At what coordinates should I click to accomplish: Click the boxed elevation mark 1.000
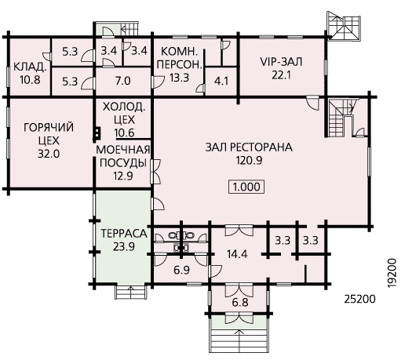[246, 187]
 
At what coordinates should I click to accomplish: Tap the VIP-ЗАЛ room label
[281, 62]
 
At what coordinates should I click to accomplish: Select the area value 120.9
[249, 160]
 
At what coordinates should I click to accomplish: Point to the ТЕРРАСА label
[124, 234]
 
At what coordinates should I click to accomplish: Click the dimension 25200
[359, 299]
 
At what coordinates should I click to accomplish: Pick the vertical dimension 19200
[392, 273]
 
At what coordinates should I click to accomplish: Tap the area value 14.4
[237, 254]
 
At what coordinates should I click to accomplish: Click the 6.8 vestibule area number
[240, 303]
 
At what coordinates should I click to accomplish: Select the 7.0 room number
[123, 81]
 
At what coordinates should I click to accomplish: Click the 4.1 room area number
[221, 82]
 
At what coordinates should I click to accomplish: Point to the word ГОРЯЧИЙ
[49, 127]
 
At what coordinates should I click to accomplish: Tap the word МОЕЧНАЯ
[123, 150]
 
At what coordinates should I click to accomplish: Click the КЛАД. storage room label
[30, 67]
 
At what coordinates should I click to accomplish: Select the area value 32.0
[49, 154]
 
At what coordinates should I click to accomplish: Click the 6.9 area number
[181, 270]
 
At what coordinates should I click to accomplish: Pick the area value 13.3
[179, 78]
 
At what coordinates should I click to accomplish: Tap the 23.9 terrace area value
[124, 246]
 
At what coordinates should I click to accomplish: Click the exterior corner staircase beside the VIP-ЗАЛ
[344, 26]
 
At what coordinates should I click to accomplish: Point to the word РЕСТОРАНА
[261, 147]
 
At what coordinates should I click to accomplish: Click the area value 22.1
[281, 75]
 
